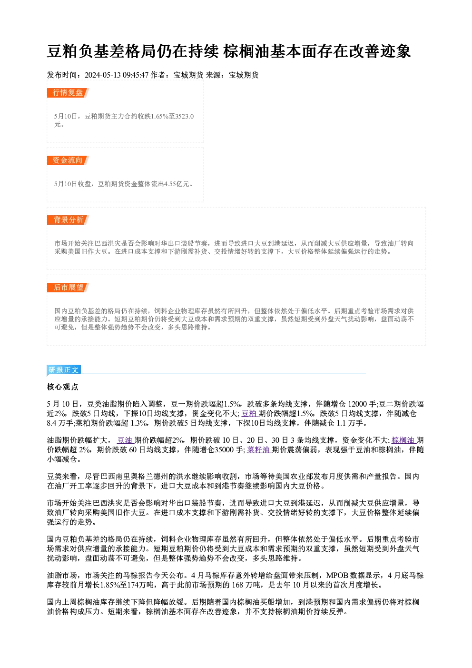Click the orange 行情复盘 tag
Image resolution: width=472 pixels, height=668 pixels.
pos(68,93)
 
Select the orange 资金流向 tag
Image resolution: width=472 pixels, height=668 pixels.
pos(68,160)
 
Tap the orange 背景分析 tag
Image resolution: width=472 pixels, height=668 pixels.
pos(68,220)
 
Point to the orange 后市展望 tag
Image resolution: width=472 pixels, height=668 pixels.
pos(68,288)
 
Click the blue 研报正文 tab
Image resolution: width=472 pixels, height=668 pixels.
pos(64,370)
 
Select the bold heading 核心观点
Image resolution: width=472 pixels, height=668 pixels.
pos(63,387)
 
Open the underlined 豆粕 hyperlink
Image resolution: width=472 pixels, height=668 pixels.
pos(249,414)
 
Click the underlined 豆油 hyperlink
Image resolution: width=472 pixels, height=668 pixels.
pos(125,440)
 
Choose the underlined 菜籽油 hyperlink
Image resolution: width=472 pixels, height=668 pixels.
pos(258,450)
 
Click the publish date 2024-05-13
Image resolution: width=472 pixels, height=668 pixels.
pos(103,75)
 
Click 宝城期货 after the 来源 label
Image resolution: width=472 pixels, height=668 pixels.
pos(244,75)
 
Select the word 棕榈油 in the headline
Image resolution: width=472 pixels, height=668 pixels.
pos(246,51)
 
